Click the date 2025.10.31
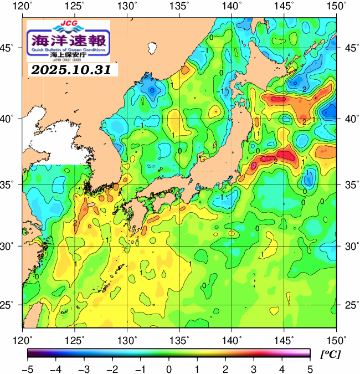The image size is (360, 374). click(x=70, y=70)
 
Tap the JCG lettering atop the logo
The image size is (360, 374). click(x=69, y=25)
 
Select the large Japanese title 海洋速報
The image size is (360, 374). click(x=69, y=40)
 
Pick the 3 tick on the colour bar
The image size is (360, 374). click(x=253, y=368)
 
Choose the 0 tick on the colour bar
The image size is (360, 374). click(x=168, y=368)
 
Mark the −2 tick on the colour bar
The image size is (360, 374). click(x=112, y=368)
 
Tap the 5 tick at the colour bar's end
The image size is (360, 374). click(x=310, y=368)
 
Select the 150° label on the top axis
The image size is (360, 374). click(x=337, y=7)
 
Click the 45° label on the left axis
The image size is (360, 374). click(x=10, y=48)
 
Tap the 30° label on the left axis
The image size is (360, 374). click(x=10, y=245)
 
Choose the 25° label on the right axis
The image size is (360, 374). click(x=351, y=305)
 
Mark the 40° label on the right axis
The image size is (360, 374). click(x=351, y=119)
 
